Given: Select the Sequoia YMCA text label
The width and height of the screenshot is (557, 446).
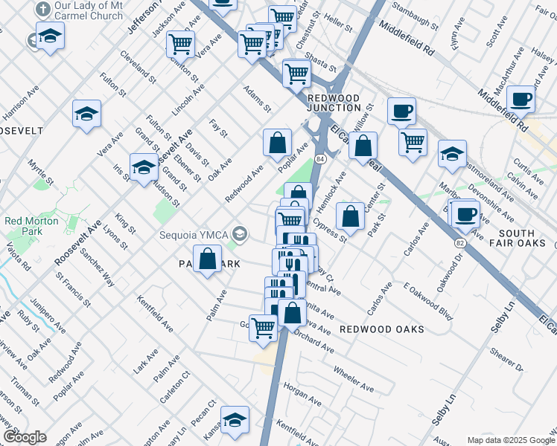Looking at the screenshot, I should (x=194, y=236).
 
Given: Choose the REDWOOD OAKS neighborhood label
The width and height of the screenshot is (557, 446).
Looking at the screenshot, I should (x=381, y=329).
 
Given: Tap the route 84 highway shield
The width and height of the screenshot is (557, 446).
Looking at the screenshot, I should (x=319, y=160).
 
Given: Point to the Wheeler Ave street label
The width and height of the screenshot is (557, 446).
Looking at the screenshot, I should (x=353, y=378).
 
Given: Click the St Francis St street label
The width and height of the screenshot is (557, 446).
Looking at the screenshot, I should (x=74, y=288).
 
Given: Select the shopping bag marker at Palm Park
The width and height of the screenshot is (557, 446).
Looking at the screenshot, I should (x=209, y=260).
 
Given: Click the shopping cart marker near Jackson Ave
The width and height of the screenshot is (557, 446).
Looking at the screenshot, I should (x=181, y=45).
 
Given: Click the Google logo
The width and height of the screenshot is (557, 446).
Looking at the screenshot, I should (x=25, y=437).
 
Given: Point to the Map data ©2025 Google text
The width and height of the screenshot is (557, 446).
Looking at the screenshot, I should (x=510, y=440).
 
